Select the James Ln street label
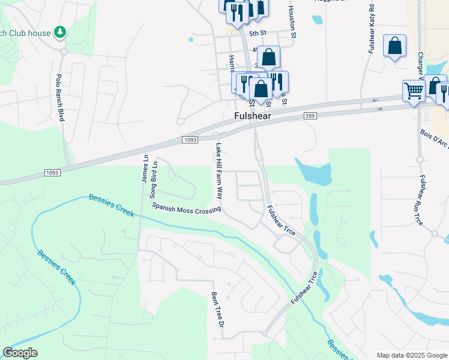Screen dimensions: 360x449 tap(145, 168)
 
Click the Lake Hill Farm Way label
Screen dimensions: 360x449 tap(219, 171)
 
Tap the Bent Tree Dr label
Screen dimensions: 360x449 tap(217, 310)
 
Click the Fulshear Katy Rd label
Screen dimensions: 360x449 tap(372, 30)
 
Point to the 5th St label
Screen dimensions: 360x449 tap(257, 34)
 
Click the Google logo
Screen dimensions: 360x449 tap(20, 353)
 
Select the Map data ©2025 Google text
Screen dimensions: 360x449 tap(412, 355)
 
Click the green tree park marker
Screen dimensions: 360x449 tap(59, 31)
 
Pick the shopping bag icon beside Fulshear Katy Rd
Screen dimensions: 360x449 tap(394, 46)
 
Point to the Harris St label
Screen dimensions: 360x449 tap(232, 62)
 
